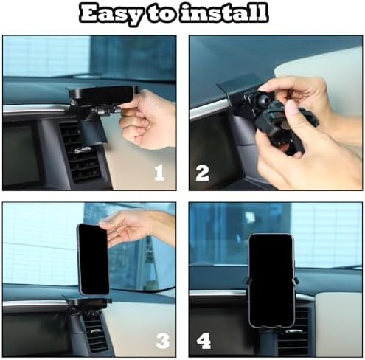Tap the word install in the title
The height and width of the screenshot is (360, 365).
(x=223, y=13)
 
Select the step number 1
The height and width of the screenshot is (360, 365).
(x=159, y=173)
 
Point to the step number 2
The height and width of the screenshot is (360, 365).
(x=203, y=173)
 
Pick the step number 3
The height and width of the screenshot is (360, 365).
(x=163, y=340)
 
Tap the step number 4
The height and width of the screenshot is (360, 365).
(x=204, y=341)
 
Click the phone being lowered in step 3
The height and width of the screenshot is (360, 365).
(x=94, y=260)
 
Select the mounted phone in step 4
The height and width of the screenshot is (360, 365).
(x=271, y=280)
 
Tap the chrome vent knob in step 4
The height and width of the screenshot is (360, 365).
(x=294, y=331)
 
